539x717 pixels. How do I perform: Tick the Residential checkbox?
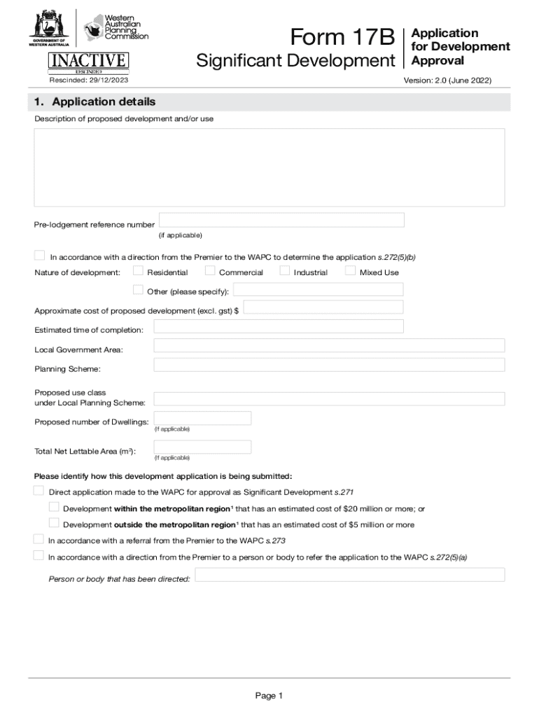point(138,271)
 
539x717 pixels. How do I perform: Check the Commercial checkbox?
point(210,271)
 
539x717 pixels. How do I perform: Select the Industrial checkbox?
point(284,271)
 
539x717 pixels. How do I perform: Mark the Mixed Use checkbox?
point(351,271)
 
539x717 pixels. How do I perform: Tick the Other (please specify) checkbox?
point(138,290)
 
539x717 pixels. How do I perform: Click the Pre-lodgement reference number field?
point(281,220)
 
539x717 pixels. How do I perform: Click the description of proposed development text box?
point(269,167)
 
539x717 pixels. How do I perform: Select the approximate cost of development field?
point(323,307)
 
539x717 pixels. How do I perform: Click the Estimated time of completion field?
point(278,326)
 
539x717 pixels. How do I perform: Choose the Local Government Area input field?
point(329,345)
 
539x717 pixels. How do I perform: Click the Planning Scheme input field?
point(329,365)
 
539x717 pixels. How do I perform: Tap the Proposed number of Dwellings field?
point(202,418)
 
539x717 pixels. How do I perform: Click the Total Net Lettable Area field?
point(202,447)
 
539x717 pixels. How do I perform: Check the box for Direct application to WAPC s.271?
point(38,491)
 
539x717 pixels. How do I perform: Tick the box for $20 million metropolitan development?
point(54,507)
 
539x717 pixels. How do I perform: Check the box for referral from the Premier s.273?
point(38,539)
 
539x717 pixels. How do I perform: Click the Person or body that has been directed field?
point(349,575)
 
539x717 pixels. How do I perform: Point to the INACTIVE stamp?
point(88,60)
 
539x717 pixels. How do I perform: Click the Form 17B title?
point(343,37)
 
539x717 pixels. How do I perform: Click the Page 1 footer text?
point(269,696)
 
